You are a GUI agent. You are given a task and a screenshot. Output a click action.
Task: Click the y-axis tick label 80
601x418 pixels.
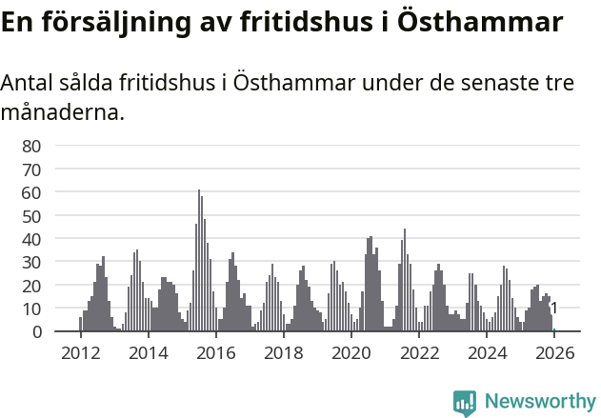click(31, 146)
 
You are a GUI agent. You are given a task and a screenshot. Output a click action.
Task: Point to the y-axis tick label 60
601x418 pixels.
click(31, 192)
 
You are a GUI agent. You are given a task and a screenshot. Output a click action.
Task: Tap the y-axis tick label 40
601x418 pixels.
click(31, 239)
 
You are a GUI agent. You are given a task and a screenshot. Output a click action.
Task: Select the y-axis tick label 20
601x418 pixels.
click(31, 286)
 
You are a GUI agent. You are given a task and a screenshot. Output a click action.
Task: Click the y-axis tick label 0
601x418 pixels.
click(36, 331)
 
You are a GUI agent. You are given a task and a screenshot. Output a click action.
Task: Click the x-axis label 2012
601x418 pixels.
click(80, 353)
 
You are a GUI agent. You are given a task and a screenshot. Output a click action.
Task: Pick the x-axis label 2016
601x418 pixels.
click(215, 353)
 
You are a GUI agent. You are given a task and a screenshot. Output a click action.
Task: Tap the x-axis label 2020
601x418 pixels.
click(351, 353)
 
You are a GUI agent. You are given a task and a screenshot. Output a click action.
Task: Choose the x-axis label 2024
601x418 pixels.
click(487, 353)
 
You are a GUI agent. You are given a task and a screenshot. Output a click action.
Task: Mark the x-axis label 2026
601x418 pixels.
click(554, 353)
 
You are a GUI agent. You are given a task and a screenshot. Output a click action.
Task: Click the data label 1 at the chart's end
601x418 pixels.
click(554, 308)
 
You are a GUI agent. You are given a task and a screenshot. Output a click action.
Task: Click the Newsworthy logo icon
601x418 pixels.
click(465, 402)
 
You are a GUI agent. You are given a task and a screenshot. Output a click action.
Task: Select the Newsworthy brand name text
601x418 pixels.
click(539, 402)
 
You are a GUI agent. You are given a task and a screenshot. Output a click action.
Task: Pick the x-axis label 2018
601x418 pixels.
click(283, 353)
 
